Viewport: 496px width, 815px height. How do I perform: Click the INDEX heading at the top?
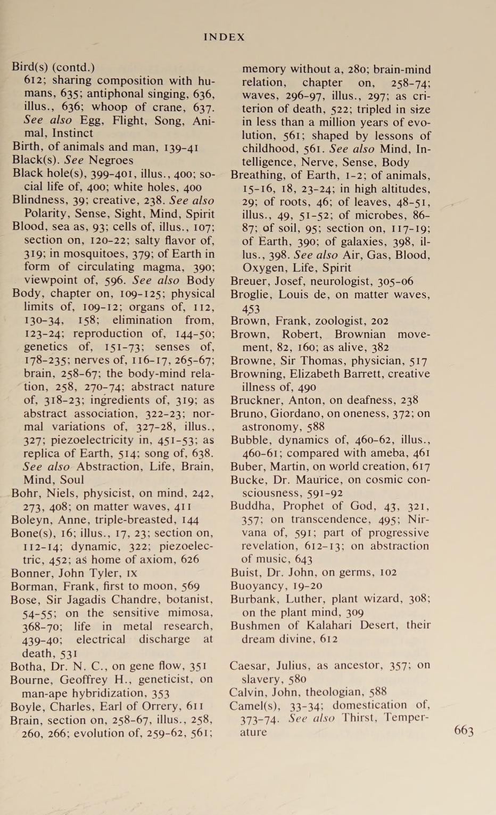point(224,37)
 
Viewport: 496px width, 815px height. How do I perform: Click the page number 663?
point(464,730)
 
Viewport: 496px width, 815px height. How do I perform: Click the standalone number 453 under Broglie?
point(251,308)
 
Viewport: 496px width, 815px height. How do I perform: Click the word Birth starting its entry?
point(27,147)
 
